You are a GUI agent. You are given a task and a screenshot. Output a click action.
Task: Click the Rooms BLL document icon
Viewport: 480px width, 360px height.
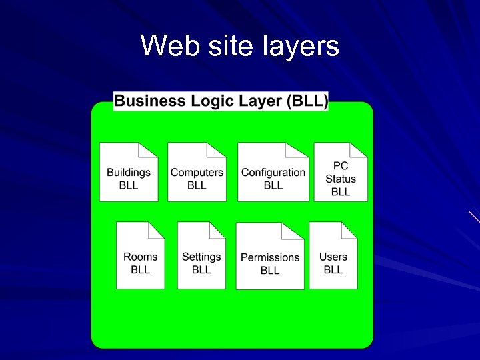[x=140, y=256]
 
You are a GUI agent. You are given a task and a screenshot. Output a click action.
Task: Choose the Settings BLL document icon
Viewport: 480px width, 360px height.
[x=201, y=256]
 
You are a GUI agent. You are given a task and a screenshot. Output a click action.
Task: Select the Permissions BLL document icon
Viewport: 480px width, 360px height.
[x=270, y=257]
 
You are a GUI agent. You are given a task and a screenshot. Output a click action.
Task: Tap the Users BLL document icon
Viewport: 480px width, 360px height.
[x=333, y=256]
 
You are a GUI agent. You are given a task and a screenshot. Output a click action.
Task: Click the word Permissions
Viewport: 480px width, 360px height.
[x=270, y=257]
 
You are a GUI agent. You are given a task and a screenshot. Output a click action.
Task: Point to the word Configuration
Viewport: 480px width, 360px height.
[x=273, y=172]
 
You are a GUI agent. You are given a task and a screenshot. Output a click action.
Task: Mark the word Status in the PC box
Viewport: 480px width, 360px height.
[x=341, y=179]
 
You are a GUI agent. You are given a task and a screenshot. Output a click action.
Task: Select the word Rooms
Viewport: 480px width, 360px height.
[x=141, y=257]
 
